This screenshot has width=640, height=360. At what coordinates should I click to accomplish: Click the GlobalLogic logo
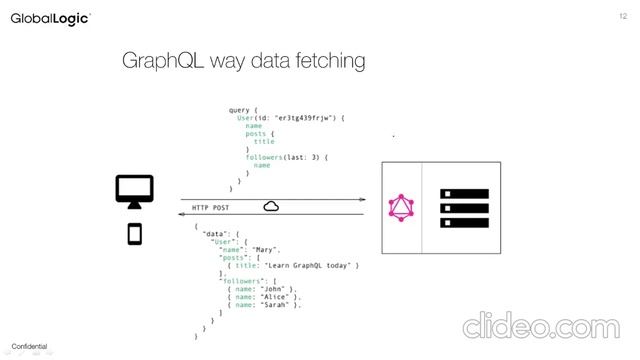(x=50, y=18)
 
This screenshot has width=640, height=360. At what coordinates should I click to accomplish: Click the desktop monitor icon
(x=134, y=190)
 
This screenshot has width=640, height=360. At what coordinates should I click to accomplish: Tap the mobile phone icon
(x=134, y=234)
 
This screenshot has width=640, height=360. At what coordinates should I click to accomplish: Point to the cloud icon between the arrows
(x=271, y=206)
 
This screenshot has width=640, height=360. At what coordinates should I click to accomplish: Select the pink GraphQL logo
(x=401, y=208)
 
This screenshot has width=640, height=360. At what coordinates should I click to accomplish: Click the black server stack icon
(x=465, y=208)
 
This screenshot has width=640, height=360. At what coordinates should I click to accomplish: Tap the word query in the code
(x=240, y=110)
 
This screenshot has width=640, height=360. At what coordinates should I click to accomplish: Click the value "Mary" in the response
(x=266, y=249)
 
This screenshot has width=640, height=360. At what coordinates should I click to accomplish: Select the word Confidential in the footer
(x=29, y=347)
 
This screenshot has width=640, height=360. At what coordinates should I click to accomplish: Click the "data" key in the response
(x=212, y=233)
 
